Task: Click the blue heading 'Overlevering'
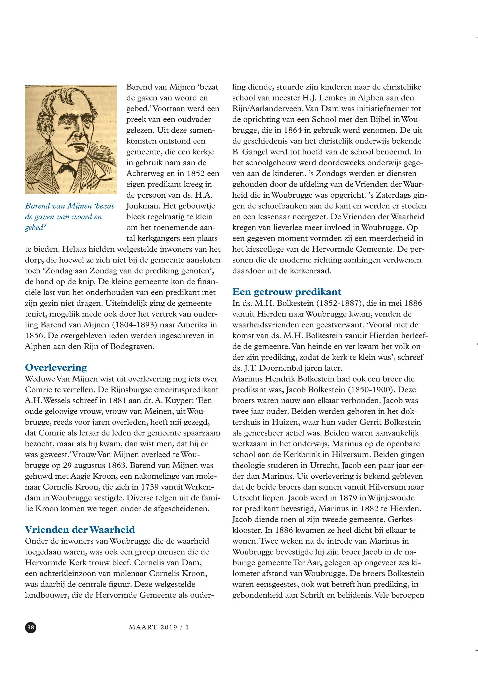[x=56, y=367]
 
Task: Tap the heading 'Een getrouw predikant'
[x=287, y=292]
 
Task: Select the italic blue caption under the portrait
[x=69, y=217]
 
